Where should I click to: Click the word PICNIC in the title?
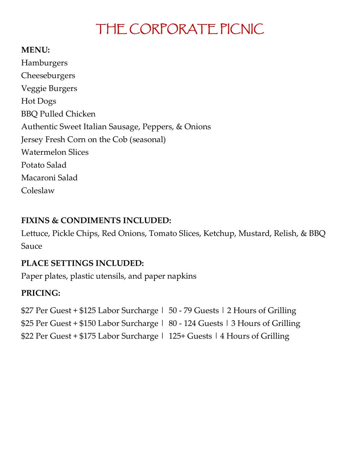pos(242,29)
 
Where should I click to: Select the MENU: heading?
pos(35,50)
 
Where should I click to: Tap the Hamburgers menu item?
pos(44,63)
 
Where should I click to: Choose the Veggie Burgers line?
pos(49,88)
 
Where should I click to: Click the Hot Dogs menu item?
pos(39,101)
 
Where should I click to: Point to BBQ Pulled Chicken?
pos(58,114)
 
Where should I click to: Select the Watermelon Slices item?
pos(55,152)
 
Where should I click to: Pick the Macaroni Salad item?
pos(49,178)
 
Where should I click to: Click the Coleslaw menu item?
pos(38,191)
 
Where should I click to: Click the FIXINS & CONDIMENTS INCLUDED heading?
pos(96,220)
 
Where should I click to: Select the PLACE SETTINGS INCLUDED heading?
pos(82,263)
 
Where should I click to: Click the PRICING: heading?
pos(41,293)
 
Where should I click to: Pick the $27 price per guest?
pos(27,310)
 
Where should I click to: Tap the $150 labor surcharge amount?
pos(87,323)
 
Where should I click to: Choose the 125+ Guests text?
pos(190,336)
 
